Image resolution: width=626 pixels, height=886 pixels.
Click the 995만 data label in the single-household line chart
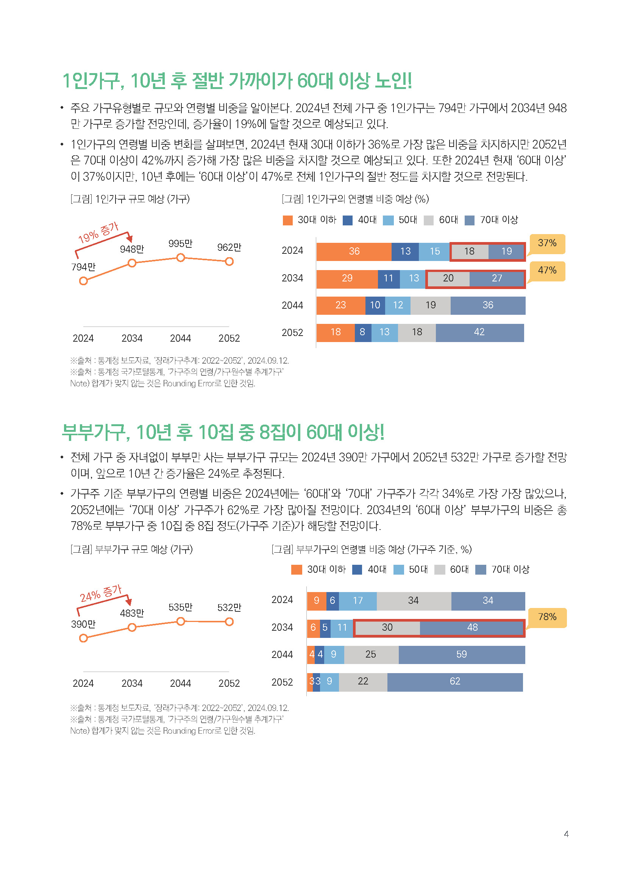[180, 244]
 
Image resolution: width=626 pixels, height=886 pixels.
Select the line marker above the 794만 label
[83, 281]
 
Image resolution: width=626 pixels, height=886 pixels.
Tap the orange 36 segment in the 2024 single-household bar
[354, 252]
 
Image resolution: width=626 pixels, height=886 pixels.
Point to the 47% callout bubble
[547, 270]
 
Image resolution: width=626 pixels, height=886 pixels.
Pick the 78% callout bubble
[547, 617]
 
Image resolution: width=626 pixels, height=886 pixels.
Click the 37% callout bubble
[547, 243]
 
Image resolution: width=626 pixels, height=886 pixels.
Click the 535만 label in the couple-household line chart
[180, 607]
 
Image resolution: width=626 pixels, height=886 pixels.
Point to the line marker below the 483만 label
[132, 627]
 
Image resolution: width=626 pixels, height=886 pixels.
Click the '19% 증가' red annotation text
[98, 233]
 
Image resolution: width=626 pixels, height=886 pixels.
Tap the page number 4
[566, 834]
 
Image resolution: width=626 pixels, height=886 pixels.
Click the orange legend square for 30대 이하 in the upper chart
[287, 220]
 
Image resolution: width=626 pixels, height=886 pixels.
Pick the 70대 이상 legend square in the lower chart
[480, 570]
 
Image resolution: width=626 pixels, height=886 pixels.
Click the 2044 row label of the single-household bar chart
[292, 306]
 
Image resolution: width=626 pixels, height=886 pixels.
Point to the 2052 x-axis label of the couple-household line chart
[229, 683]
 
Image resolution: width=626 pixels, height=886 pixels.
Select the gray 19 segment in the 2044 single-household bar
[431, 306]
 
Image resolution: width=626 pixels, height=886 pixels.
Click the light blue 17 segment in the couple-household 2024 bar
[357, 601]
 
